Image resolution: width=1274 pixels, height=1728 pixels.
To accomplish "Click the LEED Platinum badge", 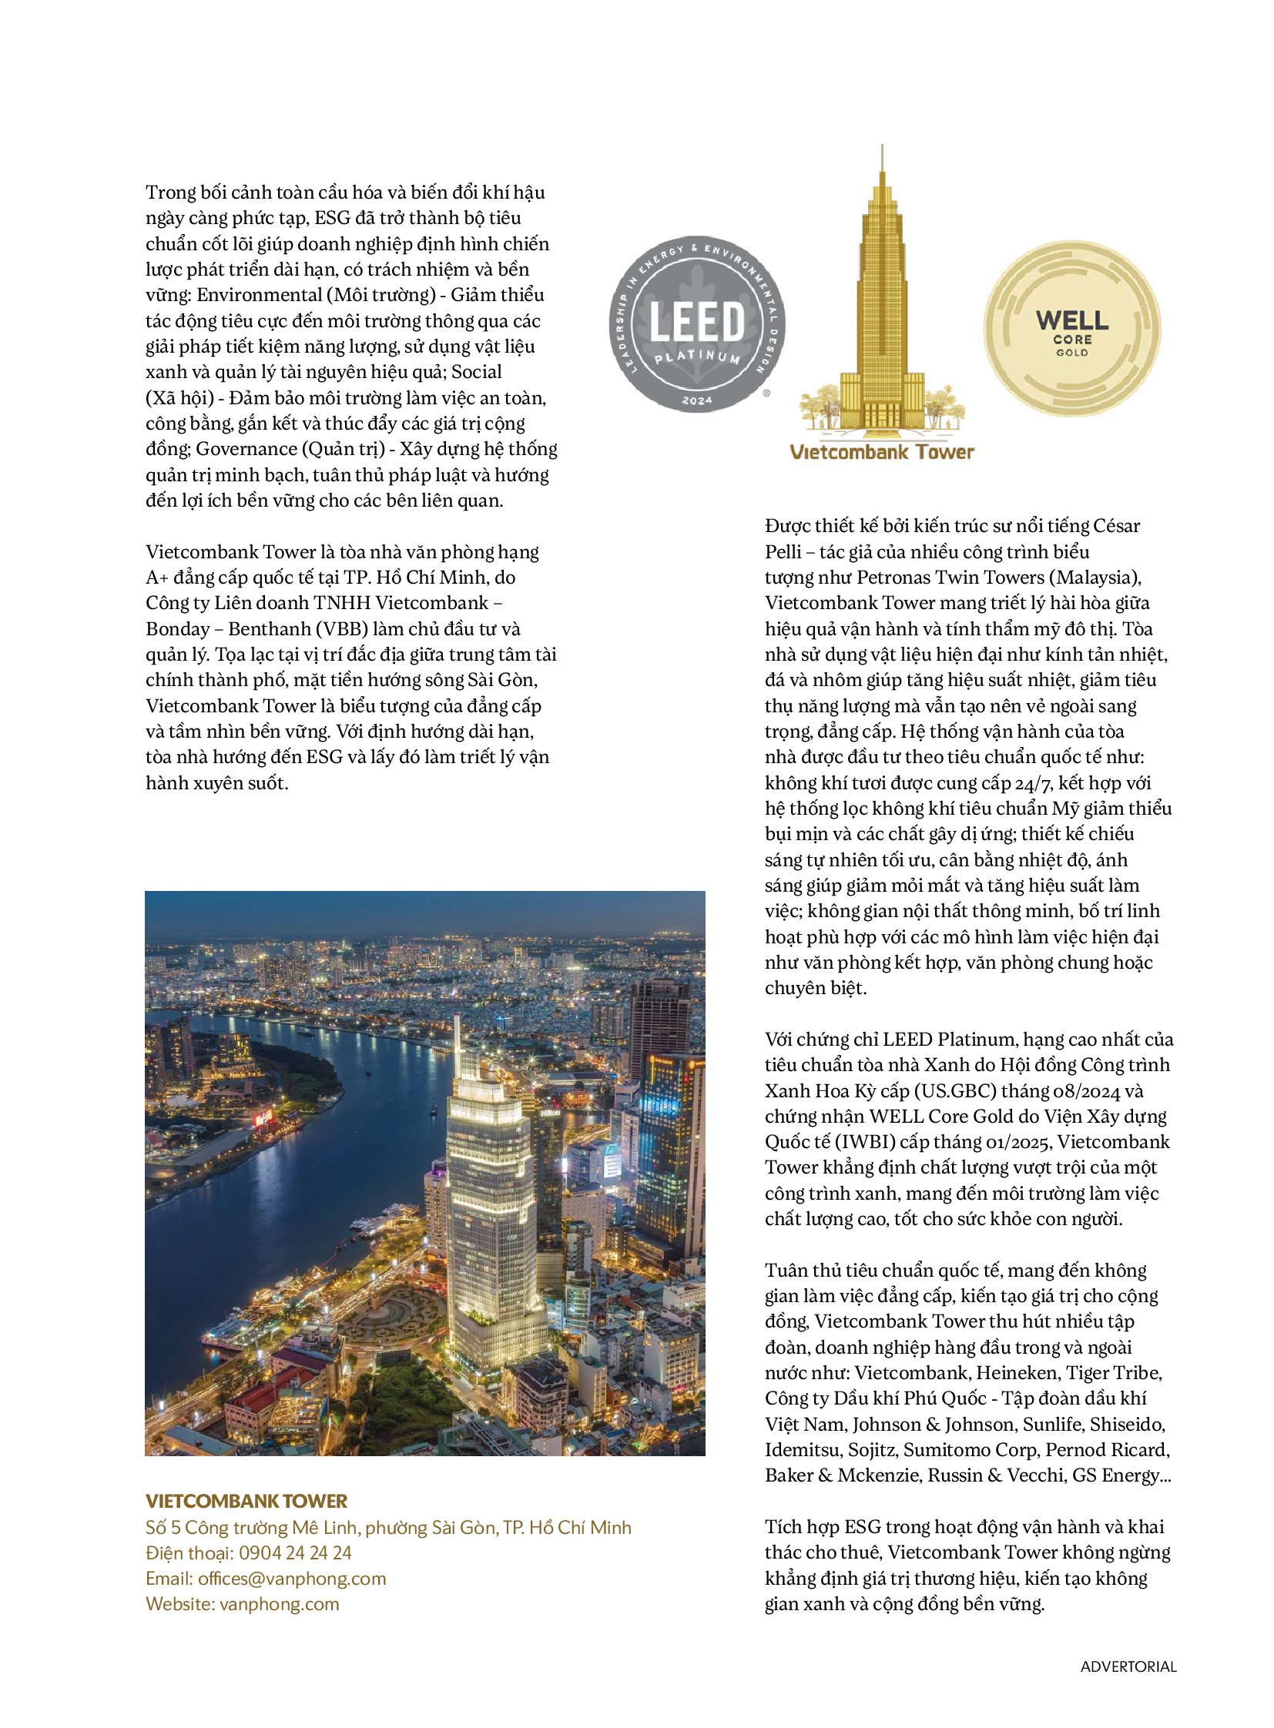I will (697, 324).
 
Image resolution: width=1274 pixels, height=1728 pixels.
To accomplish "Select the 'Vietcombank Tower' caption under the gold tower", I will (881, 452).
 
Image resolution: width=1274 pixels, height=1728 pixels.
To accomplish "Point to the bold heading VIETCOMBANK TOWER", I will (246, 1502).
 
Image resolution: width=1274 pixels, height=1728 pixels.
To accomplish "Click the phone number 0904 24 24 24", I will (294, 1553).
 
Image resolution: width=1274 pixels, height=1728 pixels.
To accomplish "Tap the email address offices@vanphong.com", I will (292, 1579).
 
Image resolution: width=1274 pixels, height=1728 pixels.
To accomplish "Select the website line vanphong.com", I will (279, 1604).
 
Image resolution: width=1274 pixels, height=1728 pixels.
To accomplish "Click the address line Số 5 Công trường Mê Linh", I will (388, 1528).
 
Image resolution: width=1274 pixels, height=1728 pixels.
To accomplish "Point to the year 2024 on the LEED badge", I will (697, 400).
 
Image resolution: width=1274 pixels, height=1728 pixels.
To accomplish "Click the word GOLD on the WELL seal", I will (1072, 353).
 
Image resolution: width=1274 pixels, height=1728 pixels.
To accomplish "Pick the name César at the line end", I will (1116, 526).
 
